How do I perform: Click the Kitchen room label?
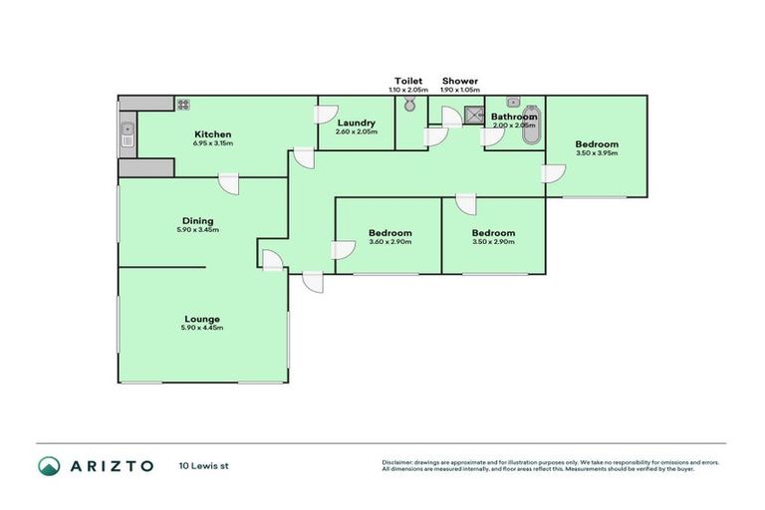click(x=212, y=134)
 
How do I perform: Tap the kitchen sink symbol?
click(x=127, y=133)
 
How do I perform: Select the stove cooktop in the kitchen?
click(x=183, y=104)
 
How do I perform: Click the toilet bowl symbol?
click(x=410, y=118)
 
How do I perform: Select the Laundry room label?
click(x=356, y=123)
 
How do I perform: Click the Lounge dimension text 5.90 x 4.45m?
click(x=201, y=328)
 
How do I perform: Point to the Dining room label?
click(x=197, y=221)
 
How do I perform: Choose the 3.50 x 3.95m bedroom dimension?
click(x=597, y=153)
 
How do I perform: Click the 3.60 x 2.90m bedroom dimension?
click(x=389, y=242)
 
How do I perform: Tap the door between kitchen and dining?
click(x=229, y=183)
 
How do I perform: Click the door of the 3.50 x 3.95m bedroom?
click(x=553, y=174)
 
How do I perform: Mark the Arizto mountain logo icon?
click(x=49, y=465)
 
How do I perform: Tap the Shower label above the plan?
click(x=459, y=81)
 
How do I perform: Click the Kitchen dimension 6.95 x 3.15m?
click(x=212, y=143)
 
